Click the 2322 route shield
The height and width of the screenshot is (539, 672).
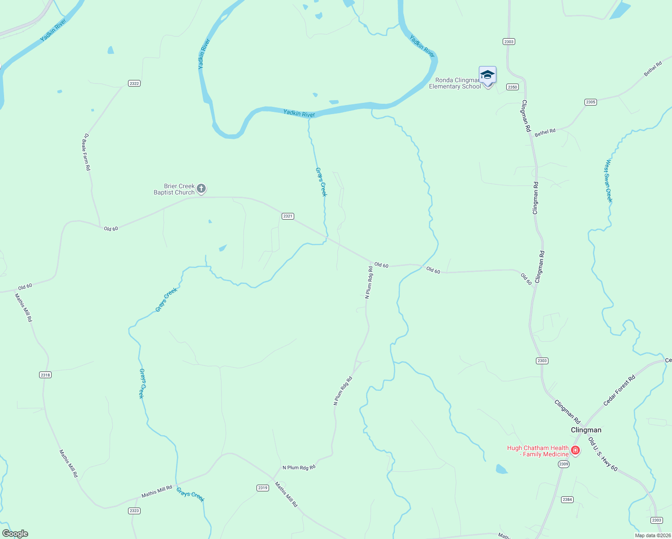click(x=134, y=84)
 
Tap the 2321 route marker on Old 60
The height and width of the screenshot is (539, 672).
click(x=288, y=216)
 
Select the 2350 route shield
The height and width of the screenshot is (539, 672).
click(x=513, y=87)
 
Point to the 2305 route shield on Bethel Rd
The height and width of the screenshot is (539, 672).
click(x=591, y=102)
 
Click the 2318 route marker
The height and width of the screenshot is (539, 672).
click(x=45, y=375)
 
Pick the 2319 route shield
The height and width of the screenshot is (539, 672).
click(x=263, y=488)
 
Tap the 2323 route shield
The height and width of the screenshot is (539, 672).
click(x=134, y=511)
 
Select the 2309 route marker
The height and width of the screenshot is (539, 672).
click(x=564, y=464)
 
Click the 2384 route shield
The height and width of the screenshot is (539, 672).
click(x=567, y=499)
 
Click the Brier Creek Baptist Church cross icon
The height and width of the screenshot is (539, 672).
click(x=201, y=189)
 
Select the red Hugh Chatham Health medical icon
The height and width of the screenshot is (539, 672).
click(x=575, y=450)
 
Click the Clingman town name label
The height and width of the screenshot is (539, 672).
click(x=586, y=430)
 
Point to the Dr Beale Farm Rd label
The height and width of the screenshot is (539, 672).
click(x=87, y=152)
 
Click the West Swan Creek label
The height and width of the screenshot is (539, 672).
click(x=609, y=181)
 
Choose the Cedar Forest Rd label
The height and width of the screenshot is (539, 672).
click(x=619, y=391)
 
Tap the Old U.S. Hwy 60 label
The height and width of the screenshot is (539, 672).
click(x=603, y=454)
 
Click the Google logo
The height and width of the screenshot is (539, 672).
click(x=15, y=534)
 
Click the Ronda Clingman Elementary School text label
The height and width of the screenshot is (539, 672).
click(x=455, y=84)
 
